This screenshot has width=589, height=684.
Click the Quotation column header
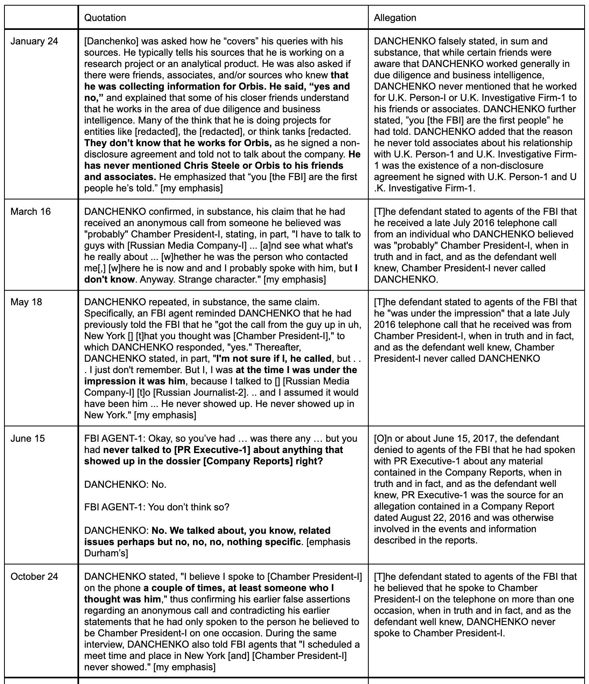point(105,18)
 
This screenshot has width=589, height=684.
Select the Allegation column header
point(395,18)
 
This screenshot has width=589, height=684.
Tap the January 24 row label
point(34,41)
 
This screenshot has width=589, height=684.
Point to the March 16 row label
point(31,212)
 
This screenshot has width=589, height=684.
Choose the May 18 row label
point(26,302)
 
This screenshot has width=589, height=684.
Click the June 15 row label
point(28,439)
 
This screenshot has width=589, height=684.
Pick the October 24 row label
point(34,577)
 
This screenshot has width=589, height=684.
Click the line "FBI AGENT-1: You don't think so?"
point(157,507)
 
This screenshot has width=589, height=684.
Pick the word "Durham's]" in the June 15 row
point(106,553)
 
